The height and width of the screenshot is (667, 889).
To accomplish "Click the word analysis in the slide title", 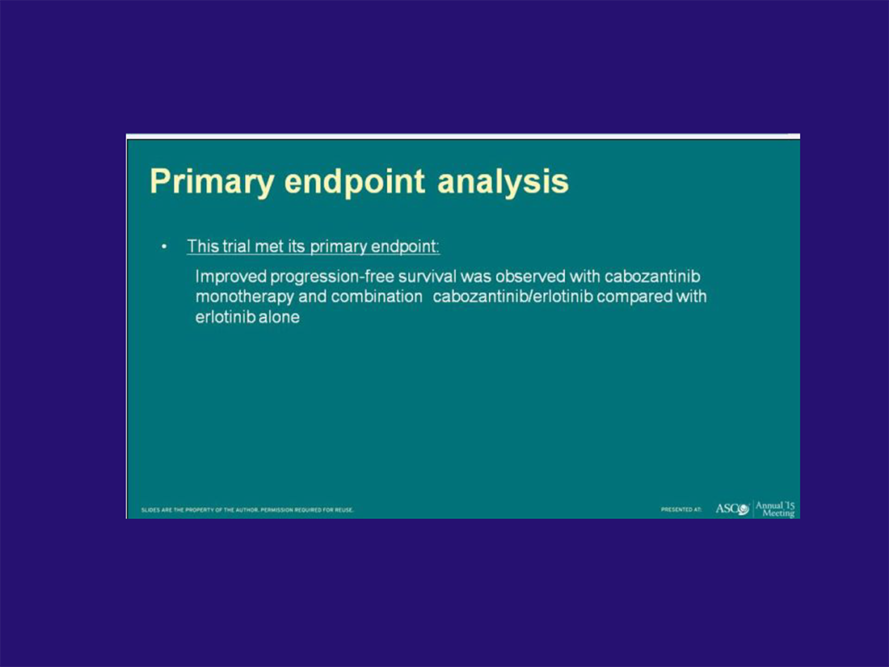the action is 503,182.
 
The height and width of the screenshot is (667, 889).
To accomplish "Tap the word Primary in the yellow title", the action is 212,182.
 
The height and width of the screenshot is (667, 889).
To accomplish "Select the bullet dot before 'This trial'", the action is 164,247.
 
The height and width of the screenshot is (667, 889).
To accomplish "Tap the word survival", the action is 428,277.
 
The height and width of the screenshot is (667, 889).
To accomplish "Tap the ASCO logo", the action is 732,509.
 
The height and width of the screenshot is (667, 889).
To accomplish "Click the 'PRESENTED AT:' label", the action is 681,509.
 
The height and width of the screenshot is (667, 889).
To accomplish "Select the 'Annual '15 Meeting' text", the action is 775,509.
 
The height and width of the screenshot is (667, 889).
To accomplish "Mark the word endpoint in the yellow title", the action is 355,182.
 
